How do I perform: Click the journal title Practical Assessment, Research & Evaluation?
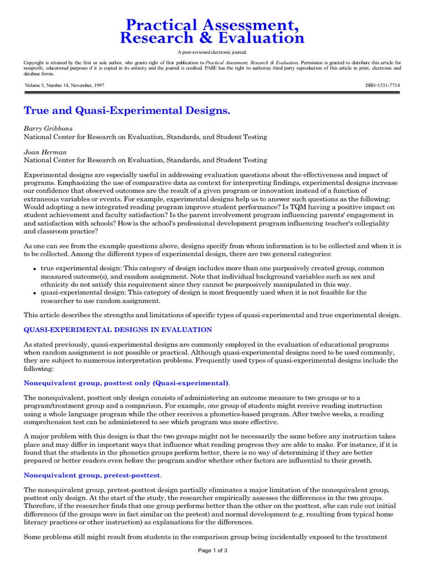tap(212, 31)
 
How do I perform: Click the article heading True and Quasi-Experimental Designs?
tap(127, 111)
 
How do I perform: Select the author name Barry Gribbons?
tap(48, 128)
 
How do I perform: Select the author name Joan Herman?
tap(45, 152)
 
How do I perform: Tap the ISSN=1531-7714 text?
tap(383, 85)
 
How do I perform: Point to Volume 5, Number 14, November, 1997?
tap(64, 85)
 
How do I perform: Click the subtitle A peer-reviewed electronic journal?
tap(212, 51)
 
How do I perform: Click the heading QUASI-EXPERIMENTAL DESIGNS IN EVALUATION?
tap(117, 330)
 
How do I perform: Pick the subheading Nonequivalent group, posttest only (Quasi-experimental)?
tap(126, 383)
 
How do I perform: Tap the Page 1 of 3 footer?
tap(212, 550)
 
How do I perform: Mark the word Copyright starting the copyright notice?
tap(34, 63)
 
